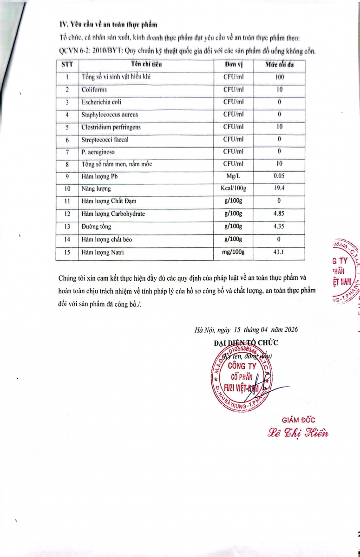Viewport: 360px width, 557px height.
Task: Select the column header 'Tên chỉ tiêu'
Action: pos(146,65)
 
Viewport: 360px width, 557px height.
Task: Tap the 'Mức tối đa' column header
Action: pos(279,65)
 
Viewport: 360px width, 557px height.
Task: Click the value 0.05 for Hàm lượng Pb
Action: pos(279,176)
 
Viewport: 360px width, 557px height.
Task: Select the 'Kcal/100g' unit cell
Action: pos(236,189)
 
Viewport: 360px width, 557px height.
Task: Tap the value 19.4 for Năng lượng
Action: pos(279,189)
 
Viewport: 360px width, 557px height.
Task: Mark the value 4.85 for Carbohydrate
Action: pos(279,214)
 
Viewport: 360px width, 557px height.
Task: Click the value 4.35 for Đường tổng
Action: pos(279,227)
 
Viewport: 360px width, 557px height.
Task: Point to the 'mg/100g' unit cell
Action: pos(236,252)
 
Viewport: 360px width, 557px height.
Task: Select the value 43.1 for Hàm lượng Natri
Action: pos(279,252)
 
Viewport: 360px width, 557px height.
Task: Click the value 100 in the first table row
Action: pos(279,77)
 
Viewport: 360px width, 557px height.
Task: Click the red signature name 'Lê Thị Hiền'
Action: pos(298,433)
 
